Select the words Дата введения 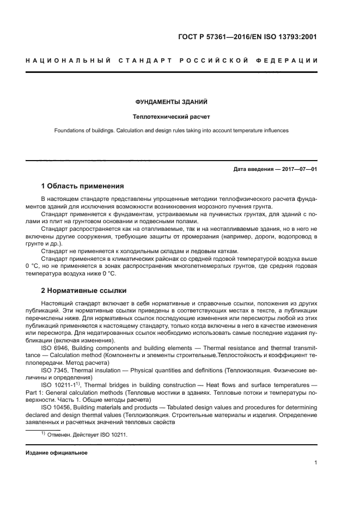tap(253, 169)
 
